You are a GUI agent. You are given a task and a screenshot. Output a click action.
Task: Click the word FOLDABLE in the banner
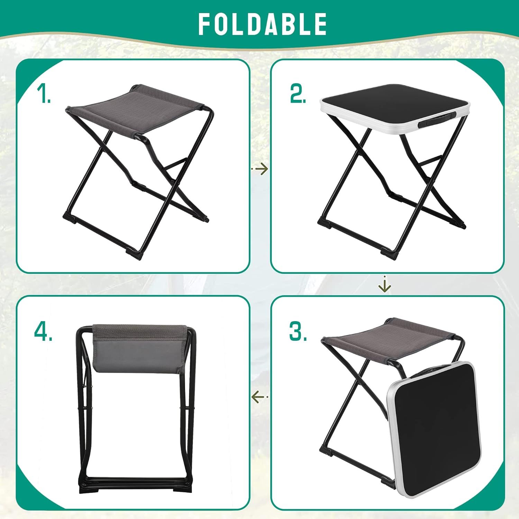(262, 24)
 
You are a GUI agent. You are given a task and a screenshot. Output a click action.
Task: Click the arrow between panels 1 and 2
(259, 169)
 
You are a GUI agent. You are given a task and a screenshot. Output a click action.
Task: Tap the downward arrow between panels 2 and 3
(384, 284)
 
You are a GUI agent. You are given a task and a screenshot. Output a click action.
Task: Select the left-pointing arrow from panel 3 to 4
(259, 397)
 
